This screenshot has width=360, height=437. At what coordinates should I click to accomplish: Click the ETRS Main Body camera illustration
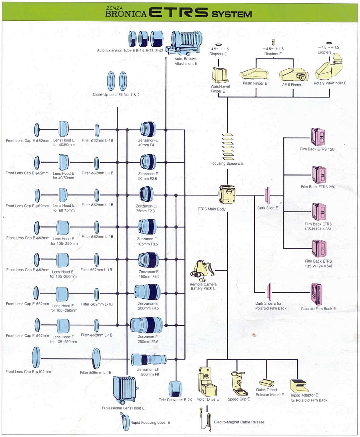click(x=226, y=195)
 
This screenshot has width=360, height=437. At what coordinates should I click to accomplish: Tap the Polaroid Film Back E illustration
click(x=317, y=294)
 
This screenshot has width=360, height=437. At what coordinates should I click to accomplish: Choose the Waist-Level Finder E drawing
click(x=218, y=75)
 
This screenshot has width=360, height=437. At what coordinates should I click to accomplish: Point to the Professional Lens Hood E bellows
click(x=124, y=390)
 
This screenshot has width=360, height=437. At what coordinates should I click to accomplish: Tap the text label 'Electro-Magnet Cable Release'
click(x=239, y=422)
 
